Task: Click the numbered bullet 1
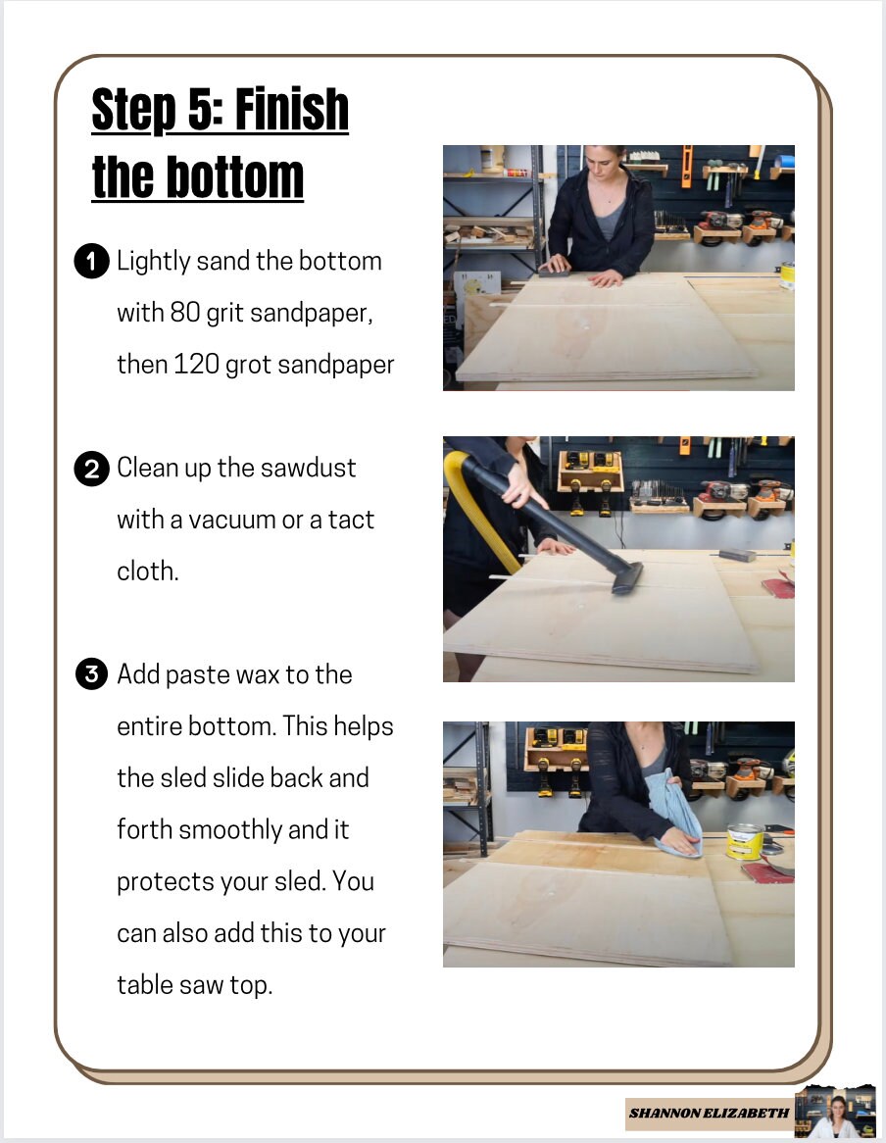pyautogui.click(x=91, y=262)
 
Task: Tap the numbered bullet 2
pyautogui.click(x=91, y=469)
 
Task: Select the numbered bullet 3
pyautogui.click(x=91, y=674)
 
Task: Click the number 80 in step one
pyautogui.click(x=185, y=312)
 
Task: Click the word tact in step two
pyautogui.click(x=351, y=520)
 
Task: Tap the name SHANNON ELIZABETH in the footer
pyautogui.click(x=709, y=1114)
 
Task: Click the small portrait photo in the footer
pyautogui.click(x=835, y=1112)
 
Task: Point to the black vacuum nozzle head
pyautogui.click(x=628, y=577)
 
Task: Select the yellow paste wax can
pyautogui.click(x=744, y=841)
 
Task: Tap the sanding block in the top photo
pyautogui.click(x=554, y=273)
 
